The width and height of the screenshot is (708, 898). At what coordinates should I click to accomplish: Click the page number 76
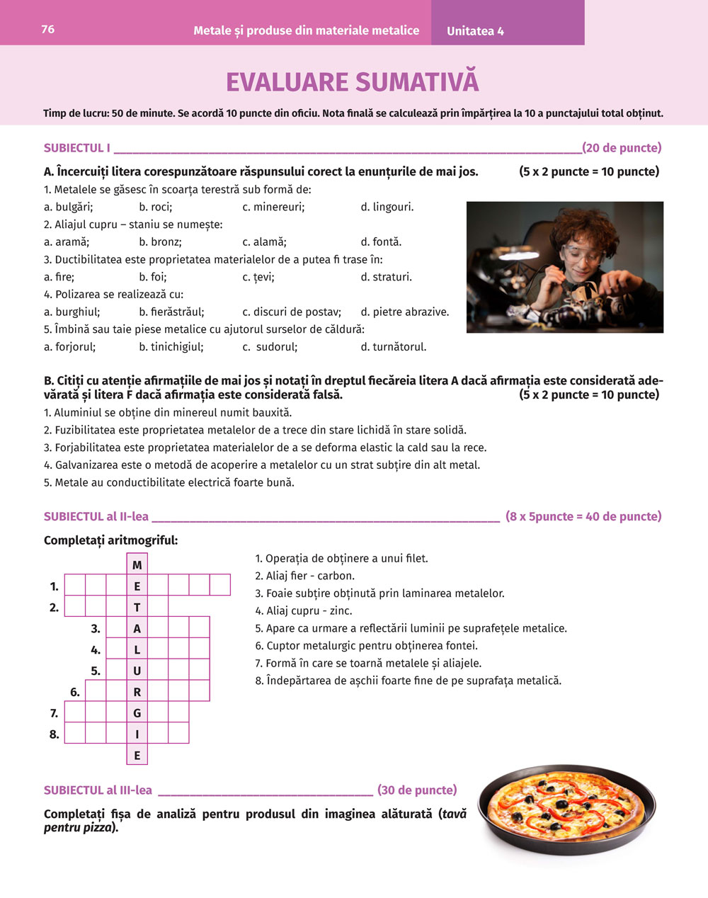[48, 29]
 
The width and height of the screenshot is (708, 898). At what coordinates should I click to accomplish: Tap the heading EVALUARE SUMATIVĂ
[353, 82]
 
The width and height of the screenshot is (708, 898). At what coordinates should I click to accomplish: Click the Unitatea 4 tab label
[475, 31]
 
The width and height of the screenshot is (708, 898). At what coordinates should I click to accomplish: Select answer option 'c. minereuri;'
[273, 207]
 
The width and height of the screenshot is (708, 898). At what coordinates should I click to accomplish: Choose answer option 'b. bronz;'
[160, 241]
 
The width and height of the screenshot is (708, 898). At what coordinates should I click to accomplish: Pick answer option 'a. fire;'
[59, 277]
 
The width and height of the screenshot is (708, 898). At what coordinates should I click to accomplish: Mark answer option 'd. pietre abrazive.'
[404, 312]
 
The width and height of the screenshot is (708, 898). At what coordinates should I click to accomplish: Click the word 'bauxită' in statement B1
[272, 412]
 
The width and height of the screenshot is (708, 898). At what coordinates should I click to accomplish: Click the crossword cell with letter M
[137, 564]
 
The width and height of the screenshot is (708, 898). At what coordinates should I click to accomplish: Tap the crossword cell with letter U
[137, 671]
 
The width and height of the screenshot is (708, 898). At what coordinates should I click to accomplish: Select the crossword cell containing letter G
[137, 713]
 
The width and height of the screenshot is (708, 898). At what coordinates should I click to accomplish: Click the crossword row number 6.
[74, 692]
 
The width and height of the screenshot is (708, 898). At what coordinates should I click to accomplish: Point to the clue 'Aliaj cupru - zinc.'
[309, 610]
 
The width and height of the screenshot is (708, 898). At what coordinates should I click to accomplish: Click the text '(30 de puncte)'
[417, 790]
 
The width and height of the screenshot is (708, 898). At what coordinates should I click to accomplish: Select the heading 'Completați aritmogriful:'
[110, 540]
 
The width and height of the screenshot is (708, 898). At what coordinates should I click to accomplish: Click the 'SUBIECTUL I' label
[76, 148]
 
